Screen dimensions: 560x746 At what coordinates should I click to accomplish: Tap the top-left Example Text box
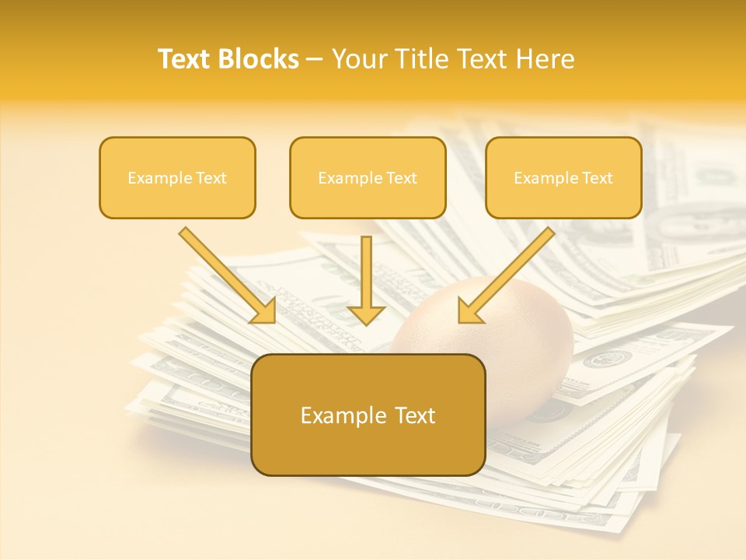[177, 178]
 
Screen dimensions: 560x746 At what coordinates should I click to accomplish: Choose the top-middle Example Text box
[368, 178]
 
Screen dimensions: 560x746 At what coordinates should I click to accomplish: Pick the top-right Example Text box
[563, 178]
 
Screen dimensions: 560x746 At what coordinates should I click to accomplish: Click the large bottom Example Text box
[368, 415]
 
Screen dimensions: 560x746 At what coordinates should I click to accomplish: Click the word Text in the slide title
[186, 59]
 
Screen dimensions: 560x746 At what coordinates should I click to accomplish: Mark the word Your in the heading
[358, 59]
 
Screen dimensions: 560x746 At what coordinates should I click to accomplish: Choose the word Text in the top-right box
[598, 178]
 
